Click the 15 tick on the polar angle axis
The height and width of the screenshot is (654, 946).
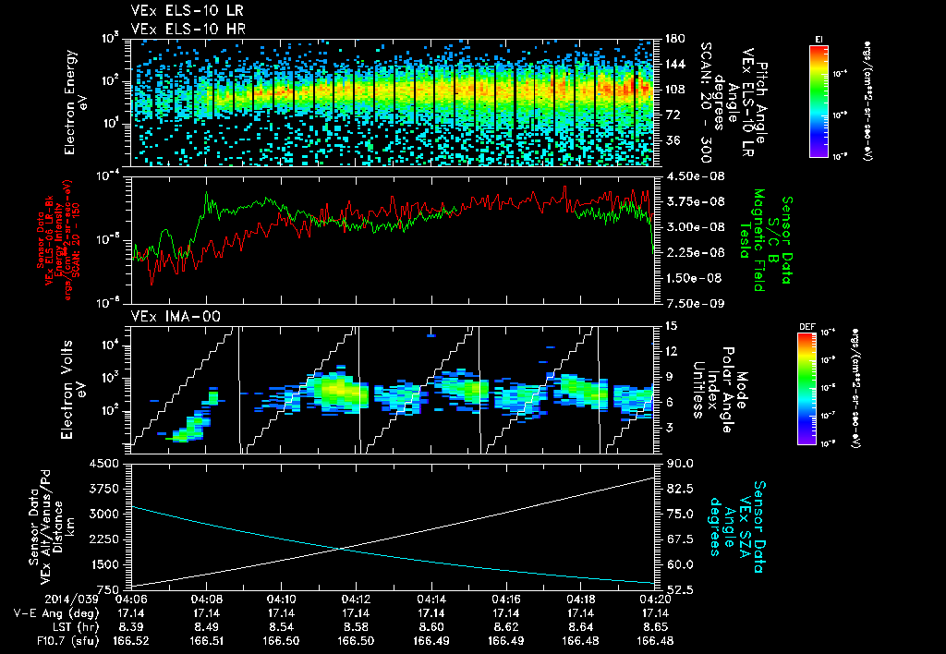pos(669,325)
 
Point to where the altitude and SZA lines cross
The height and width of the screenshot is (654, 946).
pos(344,548)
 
